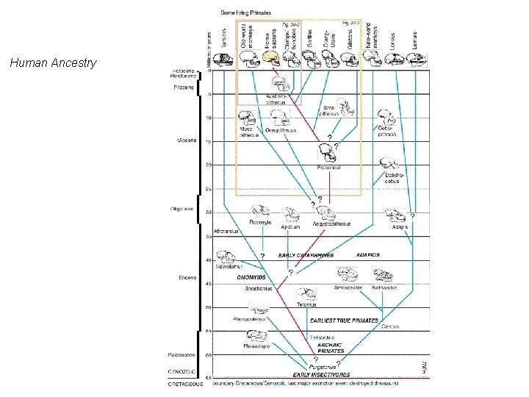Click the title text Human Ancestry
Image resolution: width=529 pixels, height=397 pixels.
click(53, 63)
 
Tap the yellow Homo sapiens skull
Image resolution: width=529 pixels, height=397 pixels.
click(271, 57)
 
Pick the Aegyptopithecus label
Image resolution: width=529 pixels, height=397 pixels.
click(332, 223)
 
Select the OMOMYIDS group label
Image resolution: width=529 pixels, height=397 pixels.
click(252, 277)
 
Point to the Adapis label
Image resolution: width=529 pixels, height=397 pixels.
click(400, 227)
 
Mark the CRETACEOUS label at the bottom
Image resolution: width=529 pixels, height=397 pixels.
click(184, 384)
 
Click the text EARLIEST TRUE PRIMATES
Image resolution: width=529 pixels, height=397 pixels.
click(344, 321)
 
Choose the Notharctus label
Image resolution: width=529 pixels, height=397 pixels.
click(384, 287)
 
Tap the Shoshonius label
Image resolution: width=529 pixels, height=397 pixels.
click(259, 289)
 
